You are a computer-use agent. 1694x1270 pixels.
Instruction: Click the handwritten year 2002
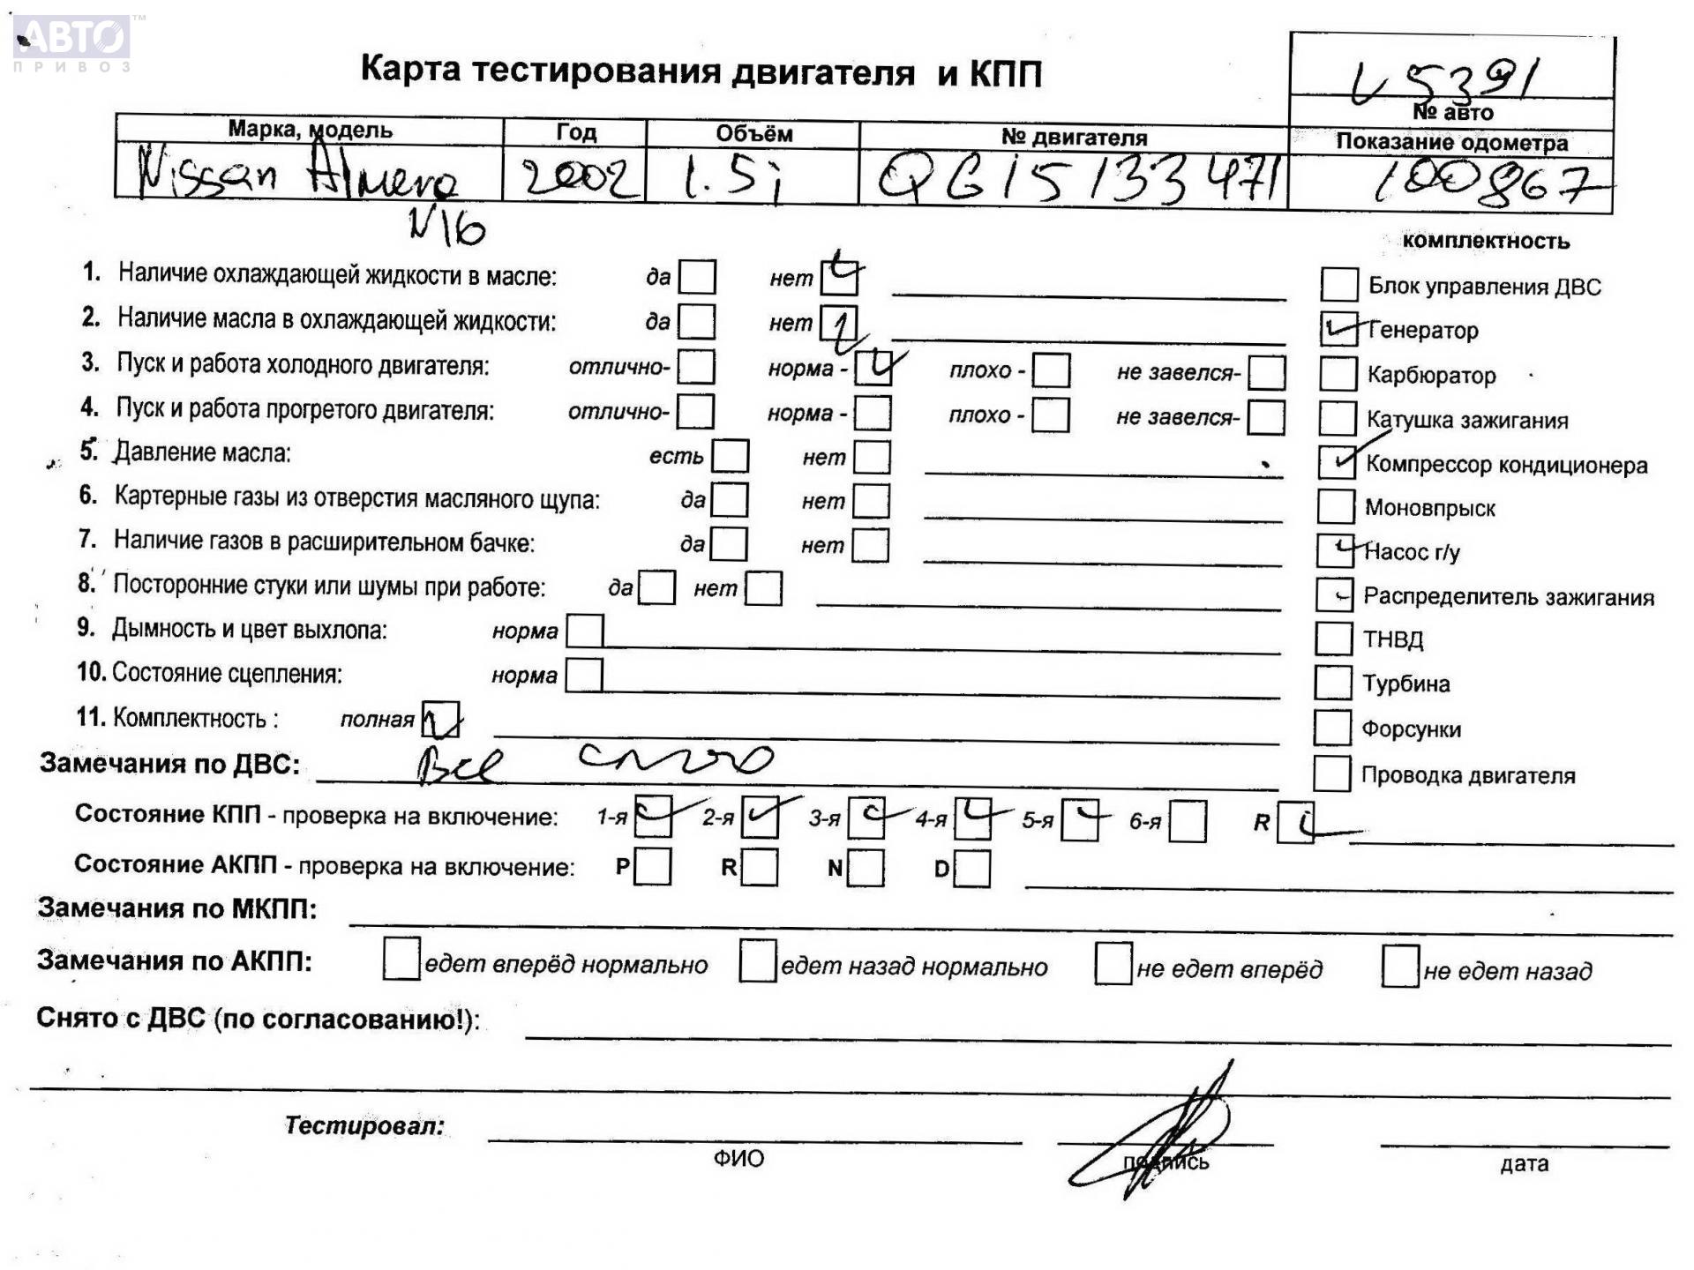578,179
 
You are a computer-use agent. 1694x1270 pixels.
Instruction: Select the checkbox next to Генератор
1338,330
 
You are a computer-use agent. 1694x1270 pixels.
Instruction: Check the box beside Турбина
1332,683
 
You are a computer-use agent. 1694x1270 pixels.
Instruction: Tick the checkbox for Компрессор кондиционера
1336,461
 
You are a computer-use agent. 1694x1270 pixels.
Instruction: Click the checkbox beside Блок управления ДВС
1338,285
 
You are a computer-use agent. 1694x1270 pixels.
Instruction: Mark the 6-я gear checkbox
1188,822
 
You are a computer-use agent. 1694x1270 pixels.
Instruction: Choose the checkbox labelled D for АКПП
972,869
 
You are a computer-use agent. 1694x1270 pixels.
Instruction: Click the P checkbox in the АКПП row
652,866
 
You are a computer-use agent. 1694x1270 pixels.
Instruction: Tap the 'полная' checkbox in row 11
440,719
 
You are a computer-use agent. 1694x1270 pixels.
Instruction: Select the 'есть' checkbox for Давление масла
730,456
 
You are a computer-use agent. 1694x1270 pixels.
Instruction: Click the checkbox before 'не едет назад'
1399,967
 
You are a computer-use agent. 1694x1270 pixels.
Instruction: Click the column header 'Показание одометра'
1451,142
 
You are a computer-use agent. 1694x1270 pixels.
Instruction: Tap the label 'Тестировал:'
364,1125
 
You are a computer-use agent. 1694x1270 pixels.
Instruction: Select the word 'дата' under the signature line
1524,1164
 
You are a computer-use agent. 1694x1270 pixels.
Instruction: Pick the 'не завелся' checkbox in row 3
1266,372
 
